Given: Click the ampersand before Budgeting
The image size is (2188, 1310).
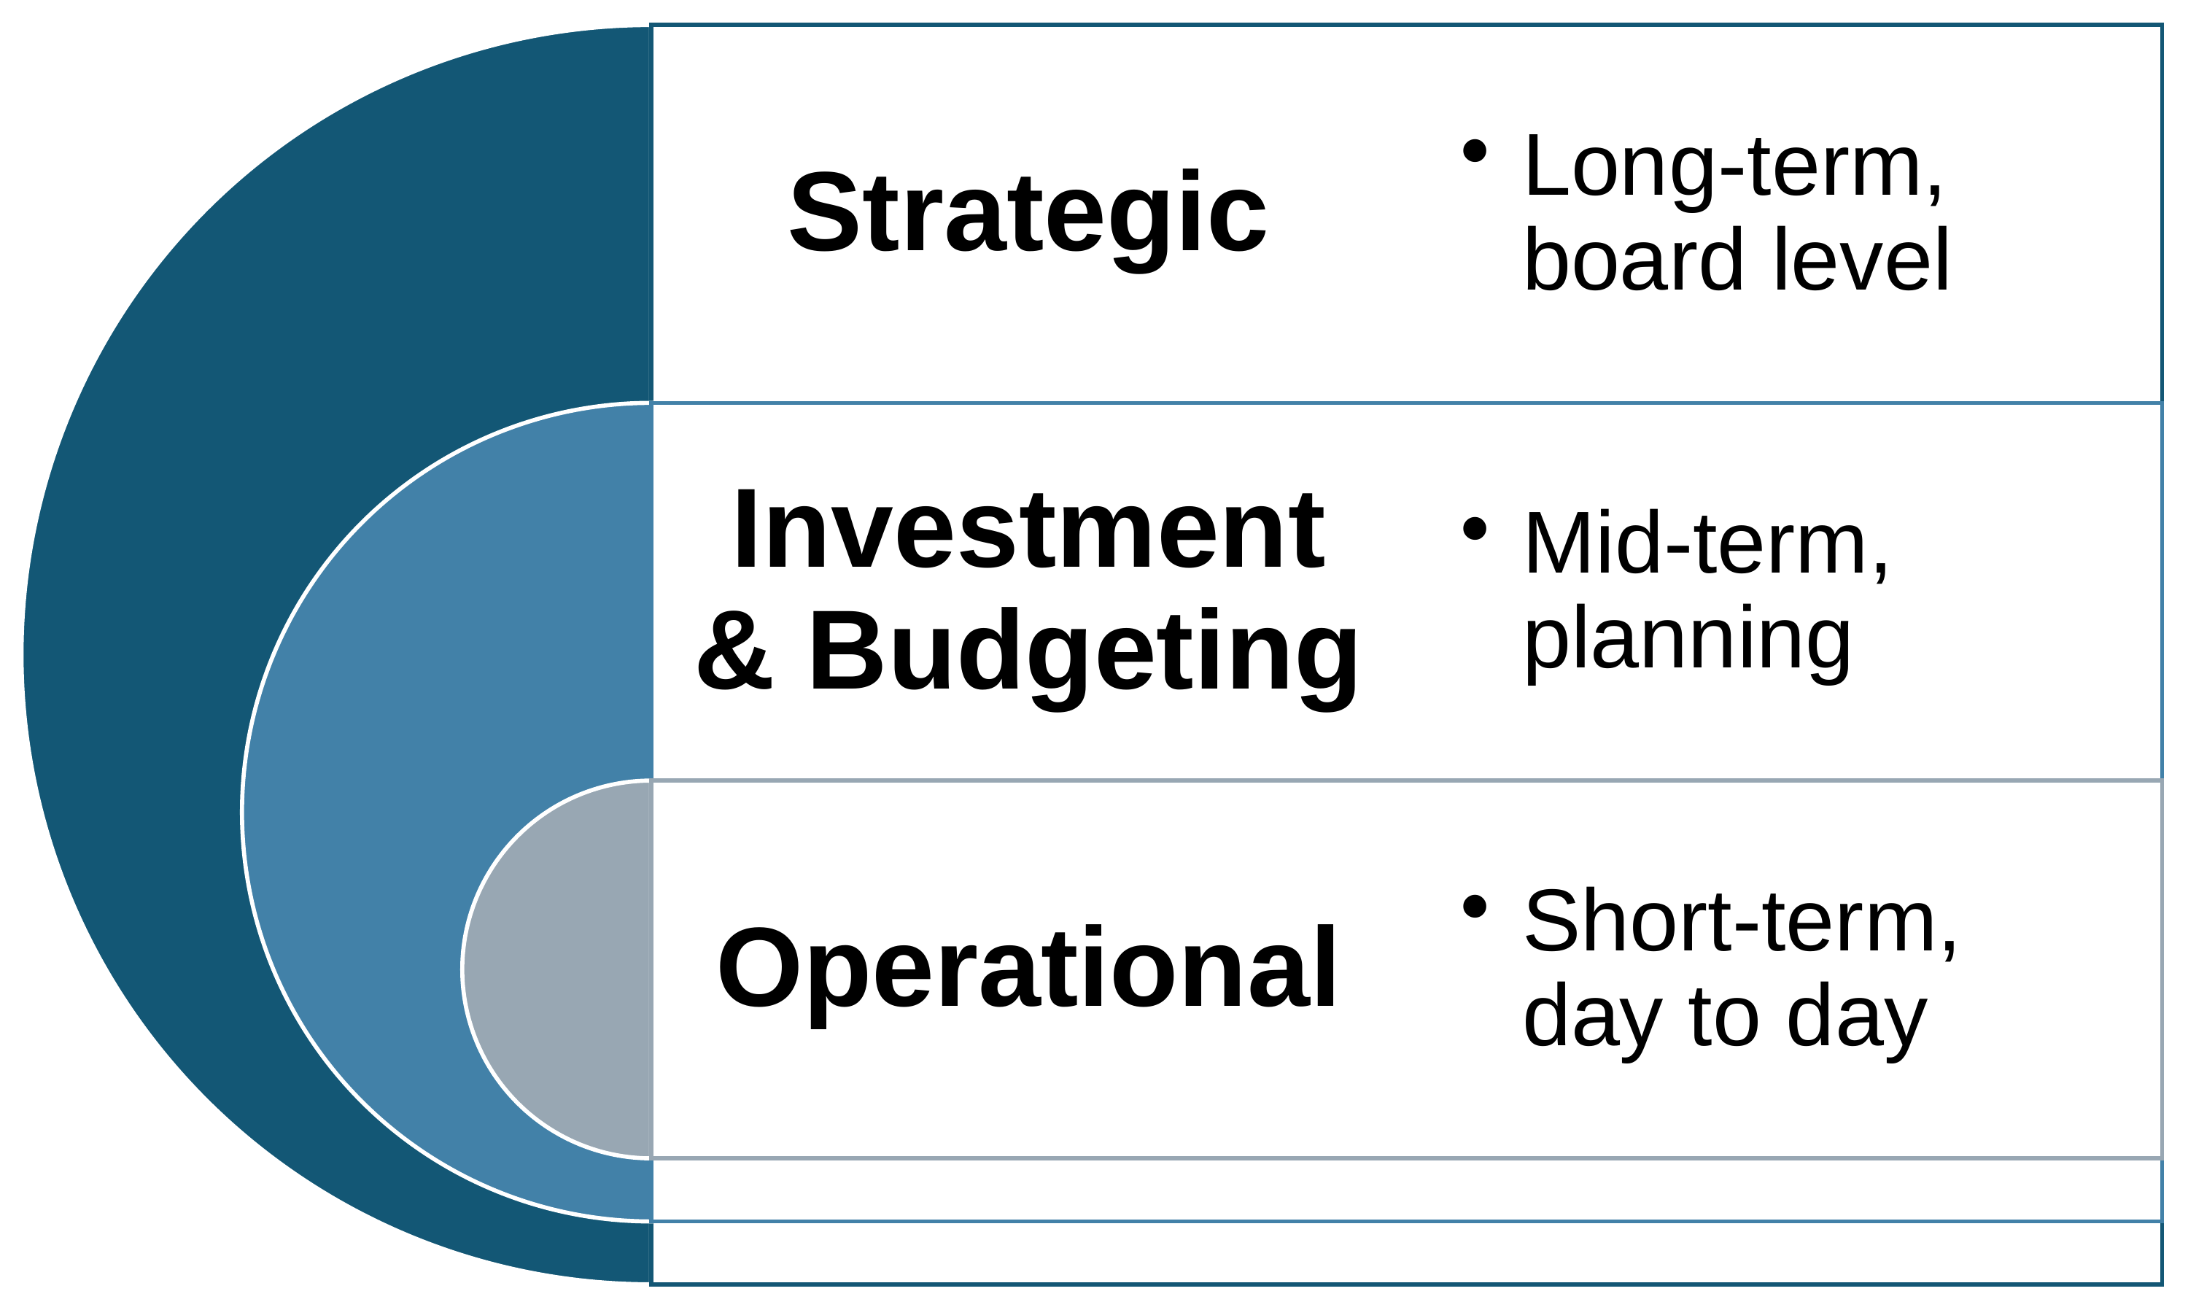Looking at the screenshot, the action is pyautogui.click(x=734, y=651).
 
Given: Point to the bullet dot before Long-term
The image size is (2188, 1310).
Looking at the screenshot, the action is pyautogui.click(x=1474, y=150).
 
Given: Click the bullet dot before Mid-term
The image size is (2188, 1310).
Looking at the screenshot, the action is pyautogui.click(x=1474, y=528).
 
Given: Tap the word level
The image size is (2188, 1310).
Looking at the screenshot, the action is pyautogui.click(x=1861, y=260).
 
